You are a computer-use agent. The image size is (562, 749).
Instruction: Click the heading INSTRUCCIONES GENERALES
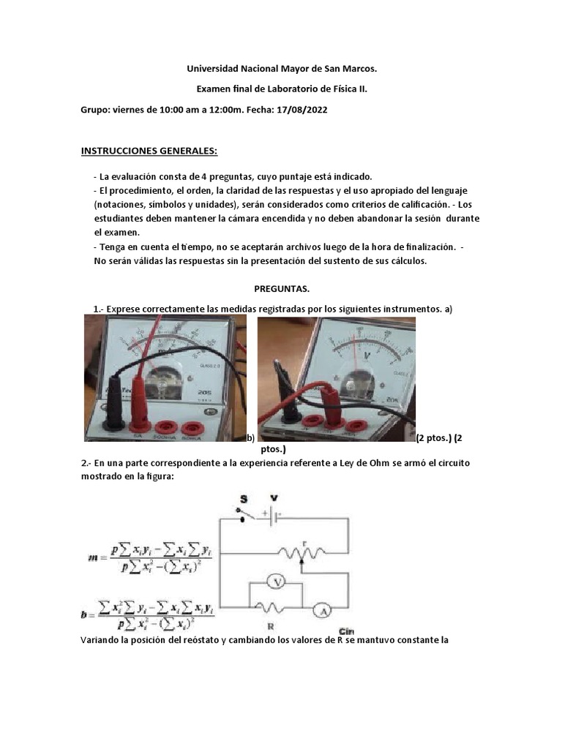pos(149,151)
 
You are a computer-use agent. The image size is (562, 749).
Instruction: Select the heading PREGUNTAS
pos(281,289)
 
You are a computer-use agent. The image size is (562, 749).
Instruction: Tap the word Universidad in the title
pos(212,69)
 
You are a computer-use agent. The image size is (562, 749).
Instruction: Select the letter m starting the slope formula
pos(92,558)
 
